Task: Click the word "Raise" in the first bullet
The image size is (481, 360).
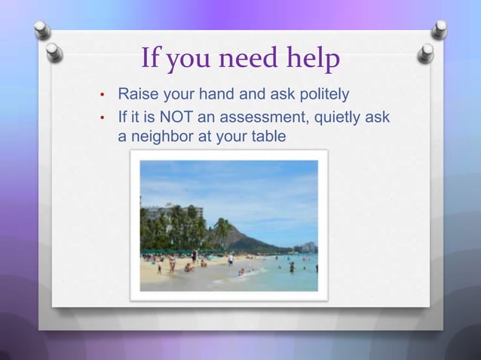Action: pyautogui.click(x=136, y=95)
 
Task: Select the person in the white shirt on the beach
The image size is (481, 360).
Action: pyautogui.click(x=231, y=260)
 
